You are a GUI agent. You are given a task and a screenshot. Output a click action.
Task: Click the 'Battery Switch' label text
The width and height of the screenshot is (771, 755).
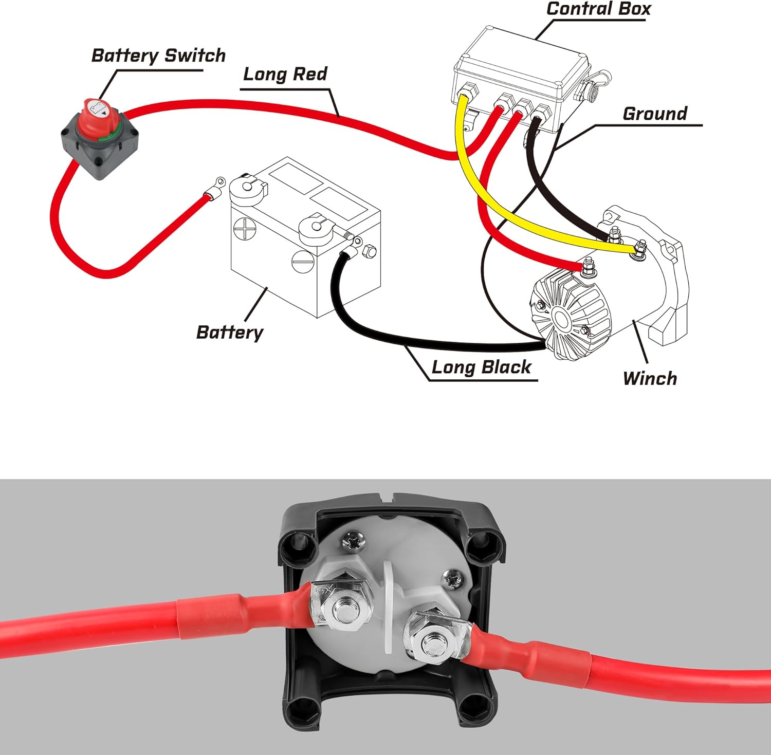[158, 56]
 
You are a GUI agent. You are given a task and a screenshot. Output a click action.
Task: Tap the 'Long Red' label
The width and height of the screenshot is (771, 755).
[285, 74]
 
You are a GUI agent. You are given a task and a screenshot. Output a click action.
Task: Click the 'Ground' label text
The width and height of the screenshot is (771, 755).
[654, 114]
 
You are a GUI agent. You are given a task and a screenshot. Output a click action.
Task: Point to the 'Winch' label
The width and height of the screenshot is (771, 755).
[650, 378]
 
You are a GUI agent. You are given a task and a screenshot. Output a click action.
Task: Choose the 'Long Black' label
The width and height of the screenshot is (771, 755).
[481, 367]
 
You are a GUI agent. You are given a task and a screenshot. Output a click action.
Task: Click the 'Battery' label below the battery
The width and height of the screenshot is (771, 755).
[229, 332]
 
